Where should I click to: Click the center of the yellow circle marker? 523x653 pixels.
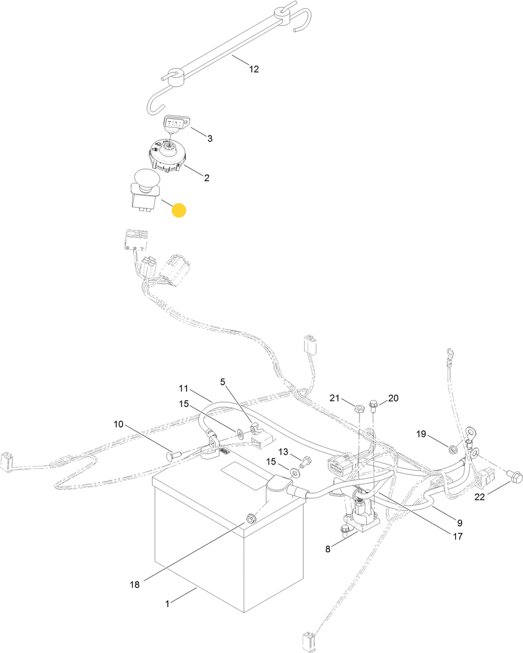pyautogui.click(x=179, y=210)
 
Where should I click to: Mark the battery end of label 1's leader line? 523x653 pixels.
pyautogui.click(x=197, y=588)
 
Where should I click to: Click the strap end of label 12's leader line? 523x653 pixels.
pyautogui.click(x=232, y=55)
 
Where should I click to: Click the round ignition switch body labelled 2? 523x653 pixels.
pyautogui.click(x=167, y=157)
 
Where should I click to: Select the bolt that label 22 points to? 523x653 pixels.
pyautogui.click(x=515, y=476)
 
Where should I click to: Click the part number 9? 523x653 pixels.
pyautogui.click(x=460, y=523)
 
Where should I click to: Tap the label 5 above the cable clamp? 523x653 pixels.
pyautogui.click(x=223, y=382)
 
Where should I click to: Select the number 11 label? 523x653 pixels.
pyautogui.click(x=183, y=389)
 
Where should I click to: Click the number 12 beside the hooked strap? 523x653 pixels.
pyautogui.click(x=254, y=69)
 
